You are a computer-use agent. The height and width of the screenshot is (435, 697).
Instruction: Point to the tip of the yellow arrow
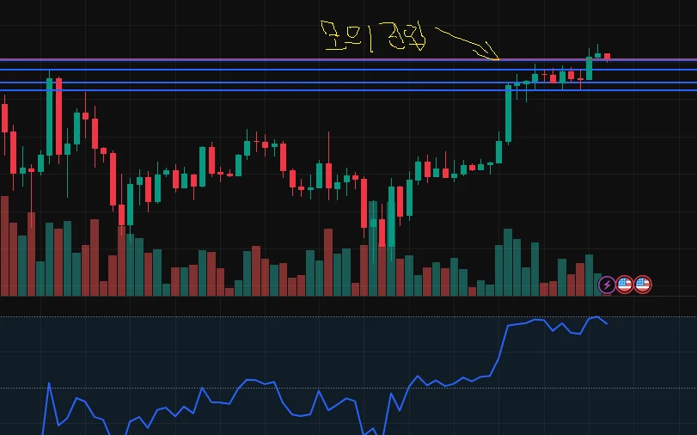pyautogui.click(x=498, y=59)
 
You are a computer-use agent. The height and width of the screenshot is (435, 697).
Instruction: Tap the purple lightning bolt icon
pyautogui.click(x=607, y=285)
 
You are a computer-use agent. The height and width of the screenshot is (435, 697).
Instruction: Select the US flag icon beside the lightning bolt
pyautogui.click(x=625, y=285)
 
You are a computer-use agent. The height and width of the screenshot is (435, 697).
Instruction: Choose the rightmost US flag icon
pyautogui.click(x=643, y=285)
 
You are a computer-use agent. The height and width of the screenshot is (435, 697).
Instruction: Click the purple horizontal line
pyautogui.click(x=258, y=60)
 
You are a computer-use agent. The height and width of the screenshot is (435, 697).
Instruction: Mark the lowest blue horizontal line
pyautogui.click(x=258, y=90)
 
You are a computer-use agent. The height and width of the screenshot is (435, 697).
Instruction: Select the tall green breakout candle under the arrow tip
pyautogui.click(x=508, y=112)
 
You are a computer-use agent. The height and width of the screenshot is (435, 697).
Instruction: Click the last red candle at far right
pyautogui.click(x=607, y=57)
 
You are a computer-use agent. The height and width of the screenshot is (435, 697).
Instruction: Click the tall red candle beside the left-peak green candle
pyautogui.click(x=58, y=116)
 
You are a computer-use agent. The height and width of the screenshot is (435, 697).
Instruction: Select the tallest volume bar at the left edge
pyautogui.click(x=4, y=246)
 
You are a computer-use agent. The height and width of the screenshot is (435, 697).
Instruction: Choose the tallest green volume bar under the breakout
pyautogui.click(x=508, y=262)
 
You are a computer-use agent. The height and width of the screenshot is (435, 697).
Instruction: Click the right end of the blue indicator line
pyautogui.click(x=607, y=324)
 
